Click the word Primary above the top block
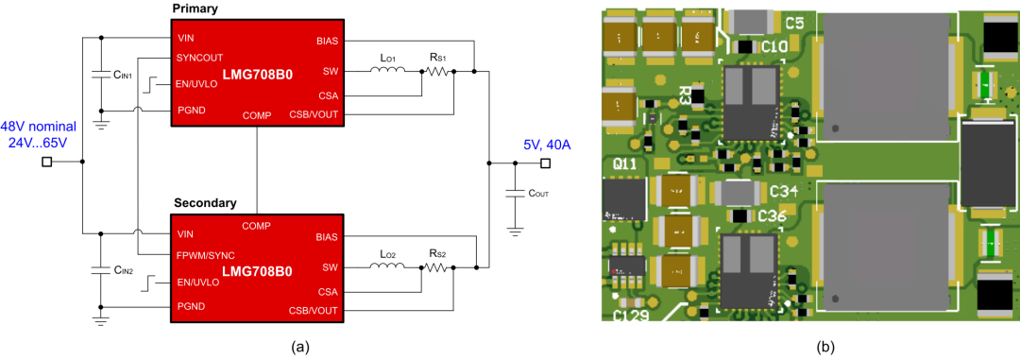195,9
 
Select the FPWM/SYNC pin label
206,254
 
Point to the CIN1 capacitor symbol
100,75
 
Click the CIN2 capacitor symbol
100,269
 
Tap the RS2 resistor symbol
437,266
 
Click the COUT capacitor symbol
516,193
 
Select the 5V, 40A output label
547,145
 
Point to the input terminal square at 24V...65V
46,162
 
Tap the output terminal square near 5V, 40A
545,162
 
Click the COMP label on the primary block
257,115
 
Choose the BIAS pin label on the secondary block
327,237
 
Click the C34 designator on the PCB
784,192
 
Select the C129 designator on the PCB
631,317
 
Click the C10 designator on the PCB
774,46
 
